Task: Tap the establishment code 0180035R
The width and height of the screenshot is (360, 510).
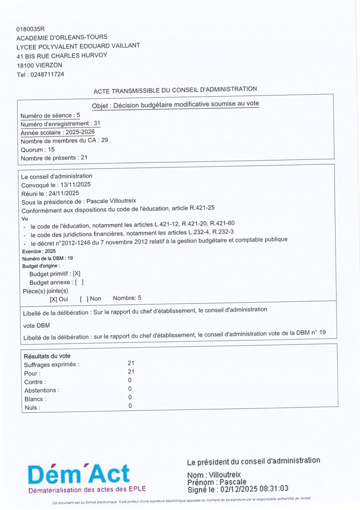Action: (30, 29)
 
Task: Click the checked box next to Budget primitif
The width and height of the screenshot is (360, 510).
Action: (77, 273)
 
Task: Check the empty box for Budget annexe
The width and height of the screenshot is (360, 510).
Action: (79, 282)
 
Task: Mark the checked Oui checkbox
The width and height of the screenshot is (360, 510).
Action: (53, 299)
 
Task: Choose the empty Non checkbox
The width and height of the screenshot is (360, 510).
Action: (84, 299)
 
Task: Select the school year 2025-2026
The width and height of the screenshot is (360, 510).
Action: (80, 132)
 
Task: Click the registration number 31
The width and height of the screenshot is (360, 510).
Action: (97, 123)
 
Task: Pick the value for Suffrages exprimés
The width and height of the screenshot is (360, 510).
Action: (131, 364)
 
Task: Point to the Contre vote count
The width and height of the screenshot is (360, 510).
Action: (130, 381)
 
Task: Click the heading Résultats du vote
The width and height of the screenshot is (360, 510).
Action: (47, 356)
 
